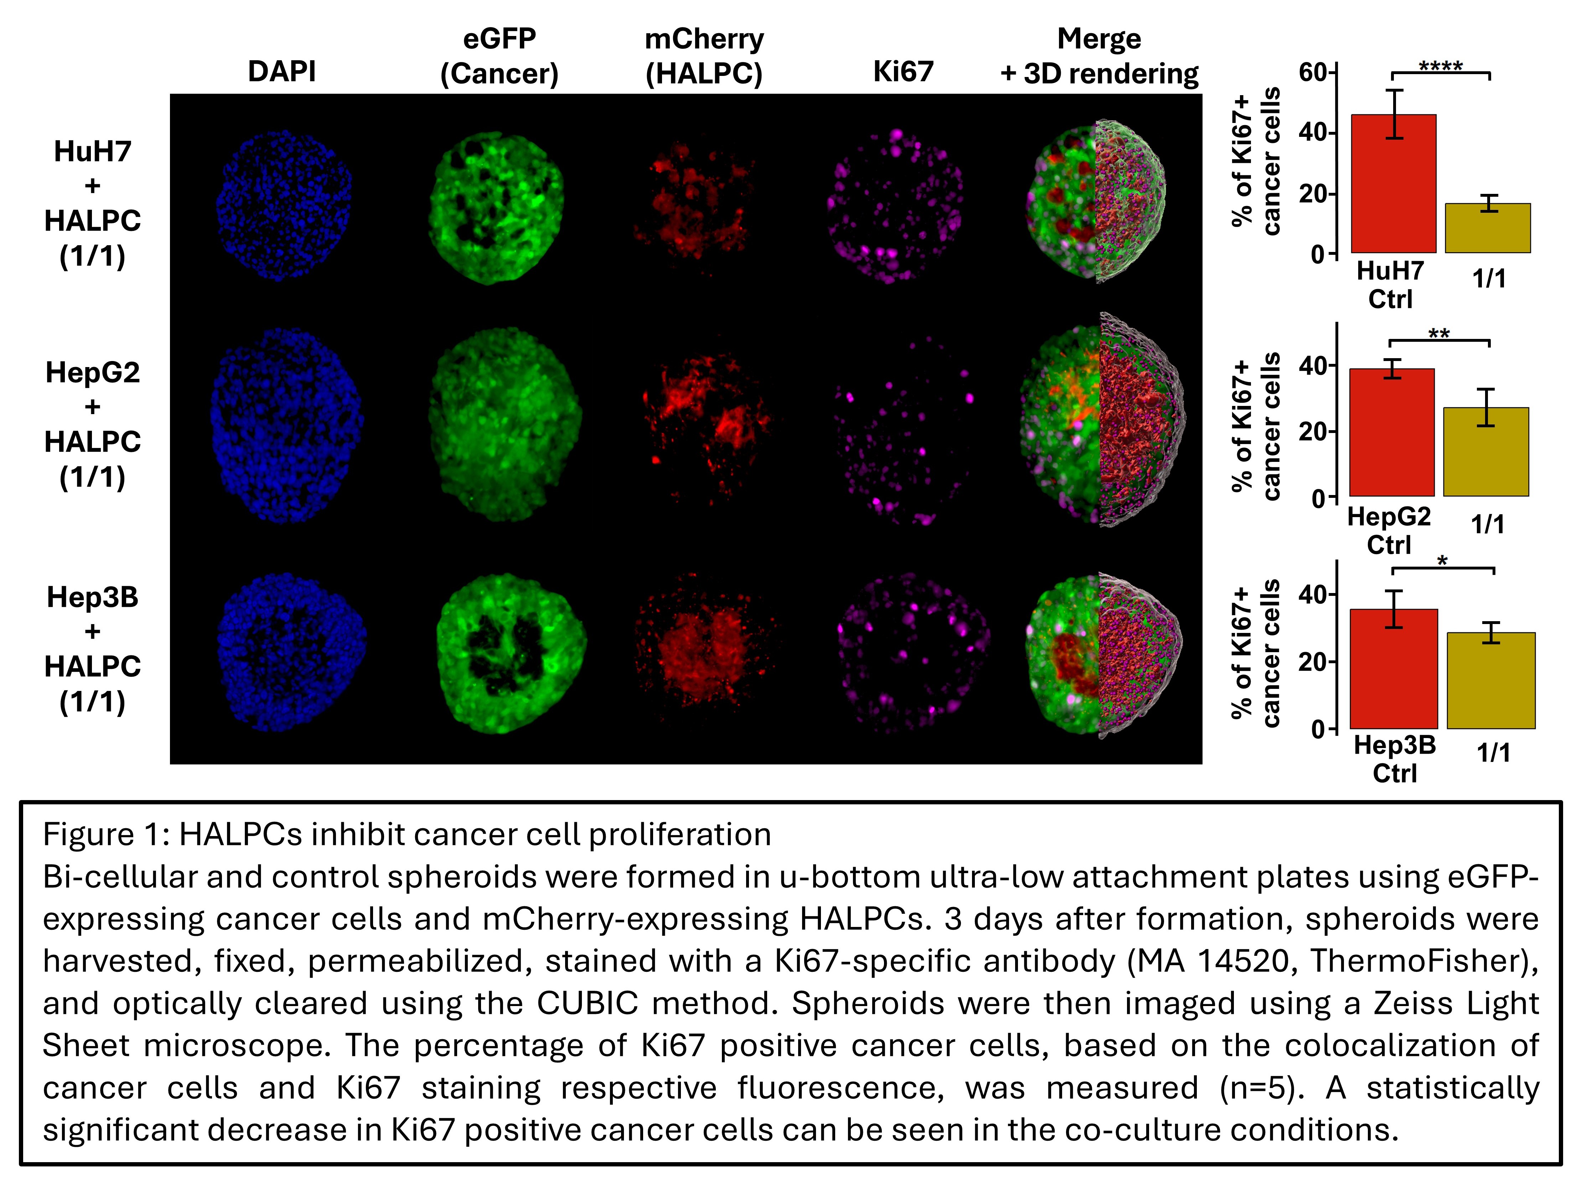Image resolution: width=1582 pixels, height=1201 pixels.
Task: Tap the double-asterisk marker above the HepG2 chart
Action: [x=1439, y=333]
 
